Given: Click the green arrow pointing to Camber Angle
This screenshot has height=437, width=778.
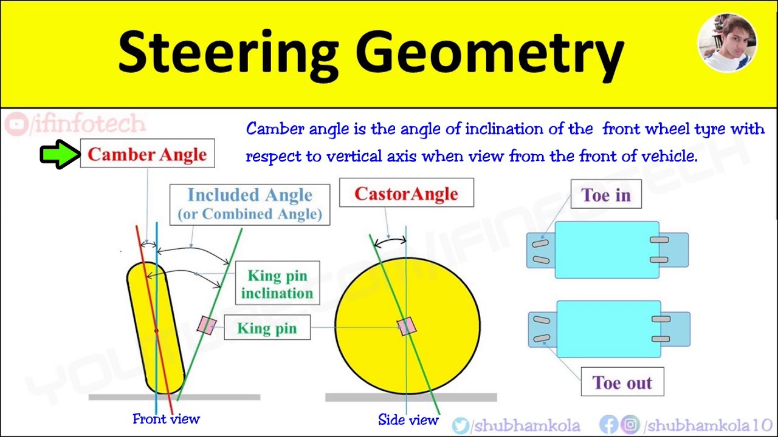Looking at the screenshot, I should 60,154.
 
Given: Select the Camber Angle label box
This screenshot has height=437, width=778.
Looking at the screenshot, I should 147,154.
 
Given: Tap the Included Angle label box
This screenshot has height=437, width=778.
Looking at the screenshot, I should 250,205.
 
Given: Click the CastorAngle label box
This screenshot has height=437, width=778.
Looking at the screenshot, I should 406,193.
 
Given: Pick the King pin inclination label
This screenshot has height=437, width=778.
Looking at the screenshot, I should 277,284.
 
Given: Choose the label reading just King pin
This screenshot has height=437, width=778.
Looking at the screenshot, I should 267,328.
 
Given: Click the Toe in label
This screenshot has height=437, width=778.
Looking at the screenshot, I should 606,195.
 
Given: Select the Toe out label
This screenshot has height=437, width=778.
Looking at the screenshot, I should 622,382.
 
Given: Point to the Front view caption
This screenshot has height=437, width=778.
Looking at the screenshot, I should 166,419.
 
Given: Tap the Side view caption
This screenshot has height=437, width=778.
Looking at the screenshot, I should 408,420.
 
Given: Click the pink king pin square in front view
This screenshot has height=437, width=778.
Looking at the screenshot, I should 206,325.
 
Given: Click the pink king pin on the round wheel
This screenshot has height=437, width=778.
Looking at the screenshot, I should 407,326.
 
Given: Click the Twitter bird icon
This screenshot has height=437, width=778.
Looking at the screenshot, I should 461,425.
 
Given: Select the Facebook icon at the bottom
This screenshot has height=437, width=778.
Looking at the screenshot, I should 608,425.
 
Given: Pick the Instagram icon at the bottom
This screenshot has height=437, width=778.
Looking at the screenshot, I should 630,425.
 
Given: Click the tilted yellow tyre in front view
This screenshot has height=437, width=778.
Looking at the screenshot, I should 155,328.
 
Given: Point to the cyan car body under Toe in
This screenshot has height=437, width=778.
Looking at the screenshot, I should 607,250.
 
